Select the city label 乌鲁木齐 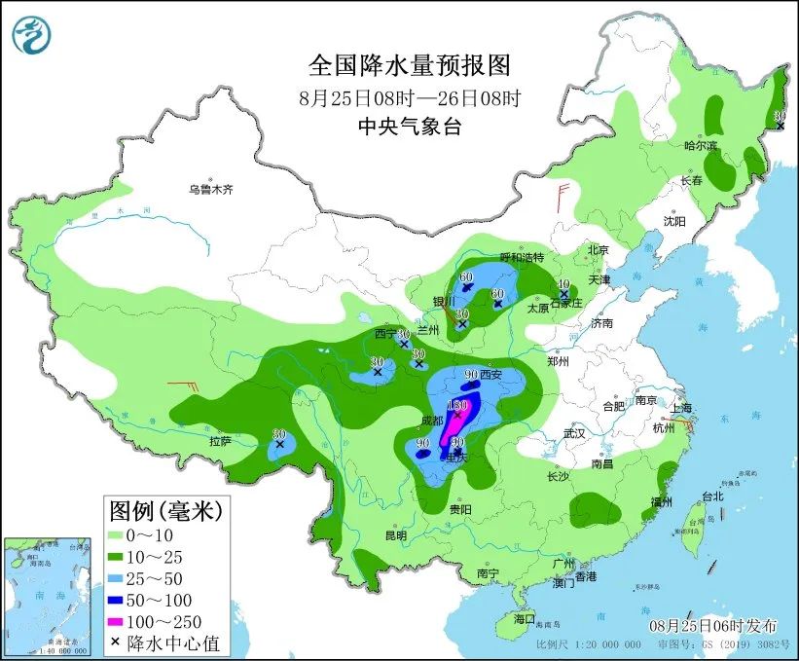pos(211,190)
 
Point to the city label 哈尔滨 pos(700,146)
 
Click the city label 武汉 pos(574,432)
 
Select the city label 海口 pos(524,619)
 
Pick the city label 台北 pos(711,496)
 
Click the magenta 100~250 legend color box pos(122,621)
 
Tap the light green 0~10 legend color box pos(122,534)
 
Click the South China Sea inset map pos(49,594)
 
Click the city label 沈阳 pos(674,221)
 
